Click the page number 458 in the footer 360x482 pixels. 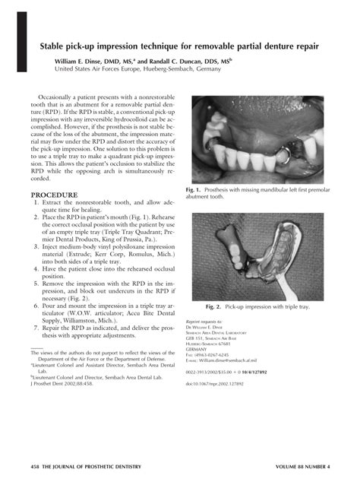tap(30, 465)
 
